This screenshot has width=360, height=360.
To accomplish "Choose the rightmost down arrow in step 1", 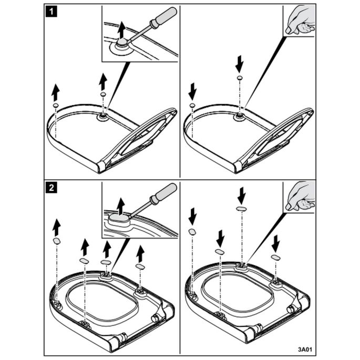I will pyautogui.click(x=240, y=64).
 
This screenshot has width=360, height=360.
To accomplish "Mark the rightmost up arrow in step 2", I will pyautogui.click(x=140, y=254).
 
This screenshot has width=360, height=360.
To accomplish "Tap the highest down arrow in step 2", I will pyautogui.click(x=241, y=196).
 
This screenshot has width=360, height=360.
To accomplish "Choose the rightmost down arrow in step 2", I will pyautogui.click(x=276, y=243).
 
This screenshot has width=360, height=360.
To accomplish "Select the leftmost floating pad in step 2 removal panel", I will pyautogui.click(x=57, y=240).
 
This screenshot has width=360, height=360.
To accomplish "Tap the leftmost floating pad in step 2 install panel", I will pyautogui.click(x=192, y=231).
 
